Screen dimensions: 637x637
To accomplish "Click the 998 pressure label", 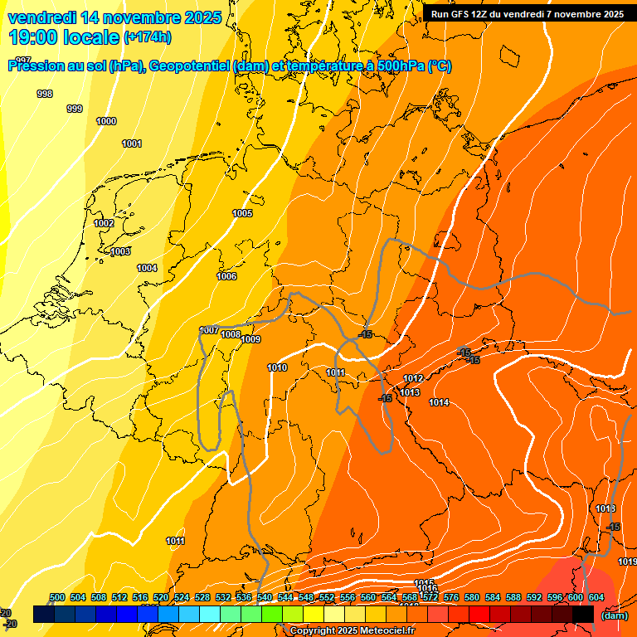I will pyautogui.click(x=45, y=94).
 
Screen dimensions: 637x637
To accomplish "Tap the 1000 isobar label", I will pyautogui.click(x=106, y=122).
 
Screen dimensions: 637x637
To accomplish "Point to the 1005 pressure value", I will pyautogui.click(x=242, y=214).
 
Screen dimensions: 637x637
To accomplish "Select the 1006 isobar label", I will pyautogui.click(x=226, y=277).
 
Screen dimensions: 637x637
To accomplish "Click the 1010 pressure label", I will pyautogui.click(x=278, y=368).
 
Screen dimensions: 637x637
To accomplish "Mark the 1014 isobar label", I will pyautogui.click(x=439, y=403).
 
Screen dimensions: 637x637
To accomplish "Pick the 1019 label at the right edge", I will pyautogui.click(x=627, y=562).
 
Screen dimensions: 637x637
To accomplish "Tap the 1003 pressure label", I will pyautogui.click(x=120, y=252).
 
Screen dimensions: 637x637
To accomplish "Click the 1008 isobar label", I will pyautogui.click(x=231, y=335).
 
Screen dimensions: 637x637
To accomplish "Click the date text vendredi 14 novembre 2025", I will pyautogui.click(x=114, y=17).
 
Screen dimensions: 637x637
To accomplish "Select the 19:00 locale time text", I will pyautogui.click(x=64, y=36).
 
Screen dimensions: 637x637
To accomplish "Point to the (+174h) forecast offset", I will pyautogui.click(x=148, y=37).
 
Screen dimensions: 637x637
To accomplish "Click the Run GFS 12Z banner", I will pyautogui.click(x=528, y=14).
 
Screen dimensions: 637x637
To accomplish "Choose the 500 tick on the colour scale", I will pyautogui.click(x=57, y=598).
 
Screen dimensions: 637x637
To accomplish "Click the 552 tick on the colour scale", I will pyautogui.click(x=327, y=598).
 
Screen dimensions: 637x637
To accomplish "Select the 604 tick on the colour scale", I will pyautogui.click(x=596, y=598).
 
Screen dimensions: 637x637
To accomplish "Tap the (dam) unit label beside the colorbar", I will pyautogui.click(x=614, y=615).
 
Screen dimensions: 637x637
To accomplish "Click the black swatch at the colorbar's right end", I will pyautogui.click(x=583, y=614).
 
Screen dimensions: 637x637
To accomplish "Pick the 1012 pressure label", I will pyautogui.click(x=414, y=379).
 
